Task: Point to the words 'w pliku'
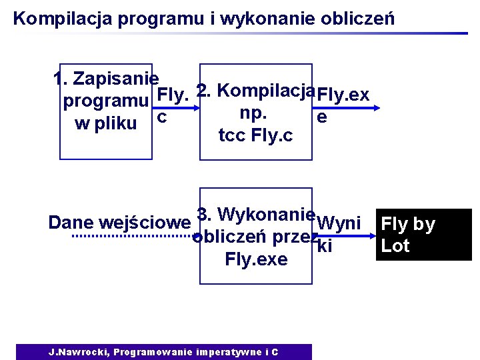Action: click(x=106, y=124)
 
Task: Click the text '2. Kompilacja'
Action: click(x=256, y=90)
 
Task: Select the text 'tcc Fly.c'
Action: click(x=255, y=137)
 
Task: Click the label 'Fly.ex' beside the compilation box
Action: click(x=343, y=95)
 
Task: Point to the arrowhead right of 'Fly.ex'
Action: click(x=376, y=107)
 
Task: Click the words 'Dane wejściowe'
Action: click(x=120, y=223)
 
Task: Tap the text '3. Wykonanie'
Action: click(x=256, y=215)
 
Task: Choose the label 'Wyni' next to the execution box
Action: click(x=339, y=223)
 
